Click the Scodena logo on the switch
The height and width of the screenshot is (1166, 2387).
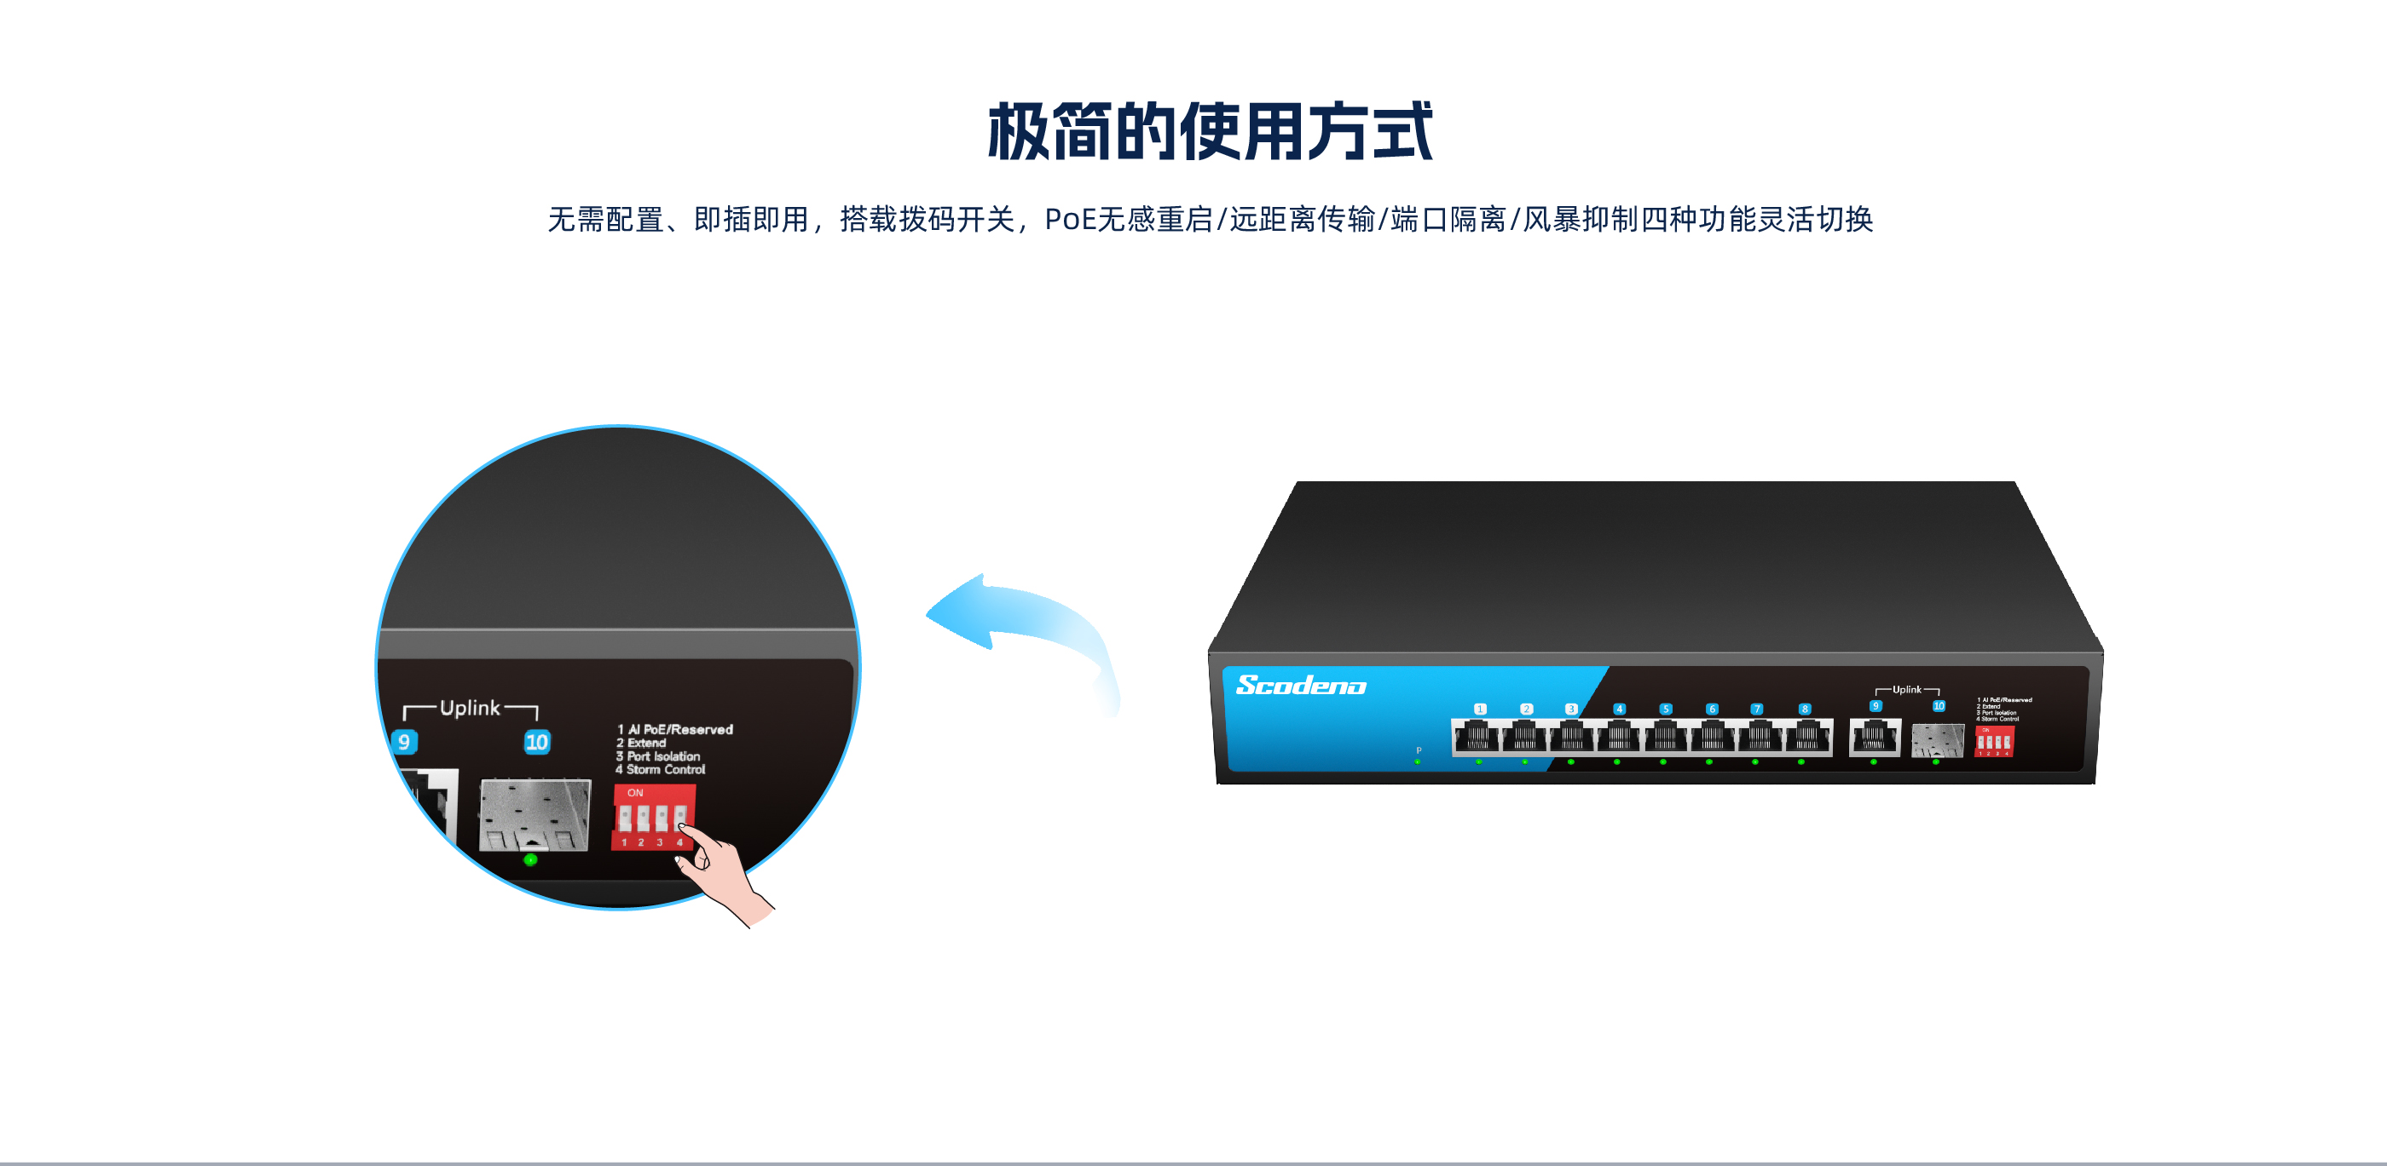point(1300,685)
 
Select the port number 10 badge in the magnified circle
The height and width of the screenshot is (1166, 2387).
point(536,742)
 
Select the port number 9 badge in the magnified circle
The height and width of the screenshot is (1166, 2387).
point(404,742)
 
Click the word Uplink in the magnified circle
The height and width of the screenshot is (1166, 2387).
point(470,709)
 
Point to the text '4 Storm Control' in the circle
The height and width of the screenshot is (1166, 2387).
point(661,770)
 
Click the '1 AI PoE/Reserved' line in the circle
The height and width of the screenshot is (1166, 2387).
point(675,730)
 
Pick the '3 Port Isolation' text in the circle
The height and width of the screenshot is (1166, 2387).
point(658,756)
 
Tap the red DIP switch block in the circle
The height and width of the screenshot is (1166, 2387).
point(652,817)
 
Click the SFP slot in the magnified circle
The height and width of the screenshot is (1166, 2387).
point(535,815)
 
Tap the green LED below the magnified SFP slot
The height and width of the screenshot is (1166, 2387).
point(530,860)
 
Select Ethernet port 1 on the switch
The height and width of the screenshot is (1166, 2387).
point(1477,738)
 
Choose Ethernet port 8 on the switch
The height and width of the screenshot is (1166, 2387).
point(1806,738)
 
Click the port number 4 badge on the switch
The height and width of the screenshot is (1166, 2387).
point(1619,709)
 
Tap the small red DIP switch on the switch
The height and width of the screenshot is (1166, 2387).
point(1994,741)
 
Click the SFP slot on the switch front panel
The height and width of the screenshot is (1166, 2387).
point(1937,740)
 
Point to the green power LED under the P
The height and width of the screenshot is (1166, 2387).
point(1417,761)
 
